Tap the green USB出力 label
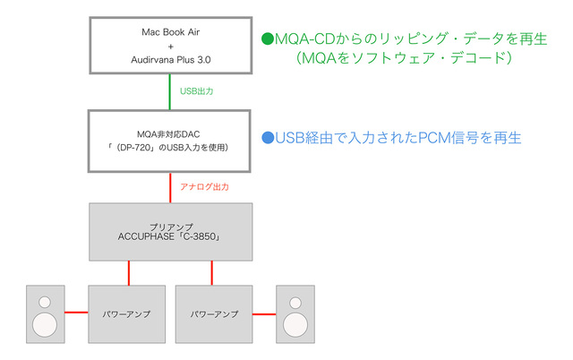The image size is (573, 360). (x=197, y=91)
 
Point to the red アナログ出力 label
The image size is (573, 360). (x=205, y=187)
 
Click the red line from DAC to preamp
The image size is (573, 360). (x=170, y=186)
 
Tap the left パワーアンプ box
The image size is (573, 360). (x=125, y=314)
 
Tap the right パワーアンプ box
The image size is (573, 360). (x=215, y=314)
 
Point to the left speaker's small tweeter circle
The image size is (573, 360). (x=45, y=301)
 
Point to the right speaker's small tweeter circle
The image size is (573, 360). (x=295, y=301)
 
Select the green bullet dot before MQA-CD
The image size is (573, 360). (x=267, y=39)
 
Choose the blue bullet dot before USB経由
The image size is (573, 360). (x=267, y=139)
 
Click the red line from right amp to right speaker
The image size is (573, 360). (x=265, y=314)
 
